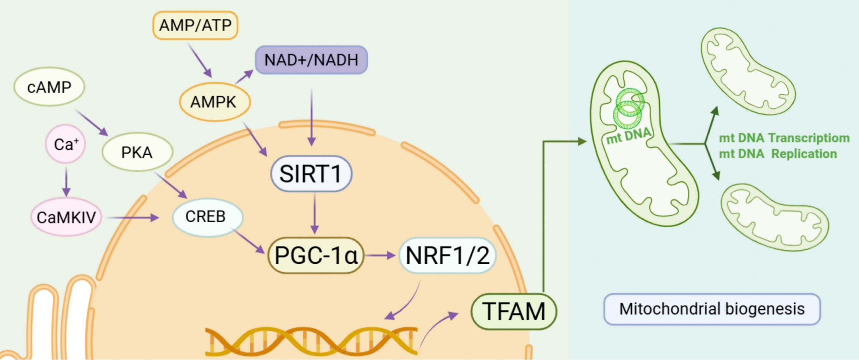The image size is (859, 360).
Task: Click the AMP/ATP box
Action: (x=195, y=25)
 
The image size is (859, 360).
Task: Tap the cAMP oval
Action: (x=49, y=87)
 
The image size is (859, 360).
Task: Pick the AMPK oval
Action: (x=214, y=102)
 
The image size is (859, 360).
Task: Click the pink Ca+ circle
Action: (x=66, y=144)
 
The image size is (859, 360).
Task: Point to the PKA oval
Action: (x=137, y=152)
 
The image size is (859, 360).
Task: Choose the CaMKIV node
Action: (x=66, y=217)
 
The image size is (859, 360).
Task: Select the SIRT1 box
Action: (x=311, y=174)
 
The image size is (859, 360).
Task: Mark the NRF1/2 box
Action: (x=447, y=256)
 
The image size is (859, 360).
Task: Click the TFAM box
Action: (x=514, y=311)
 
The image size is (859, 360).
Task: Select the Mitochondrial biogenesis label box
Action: (x=712, y=309)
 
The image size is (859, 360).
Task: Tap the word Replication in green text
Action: (x=804, y=154)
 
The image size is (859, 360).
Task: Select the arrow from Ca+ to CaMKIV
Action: (x=66, y=182)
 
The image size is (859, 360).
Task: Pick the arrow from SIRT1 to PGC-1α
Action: (x=314, y=214)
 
